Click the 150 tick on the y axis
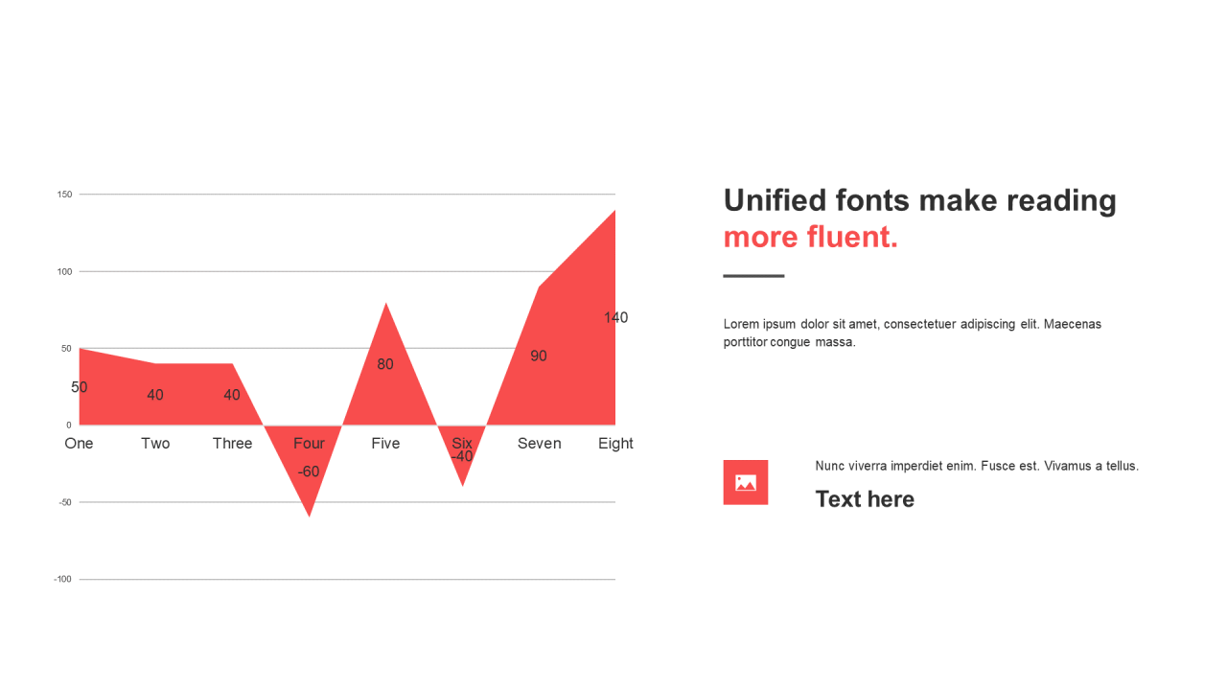click(x=64, y=195)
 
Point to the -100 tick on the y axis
click(x=63, y=580)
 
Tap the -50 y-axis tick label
click(x=65, y=502)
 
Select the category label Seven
click(x=539, y=443)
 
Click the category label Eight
click(x=615, y=443)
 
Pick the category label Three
click(x=232, y=443)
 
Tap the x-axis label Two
click(x=155, y=443)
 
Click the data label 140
click(x=615, y=317)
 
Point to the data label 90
click(x=539, y=356)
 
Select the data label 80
click(x=385, y=364)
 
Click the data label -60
click(x=309, y=471)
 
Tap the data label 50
click(x=79, y=387)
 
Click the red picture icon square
click(x=746, y=482)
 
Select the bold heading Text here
click(x=865, y=499)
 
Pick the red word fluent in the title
click(x=852, y=237)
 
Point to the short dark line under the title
click(x=753, y=276)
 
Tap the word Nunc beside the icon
click(x=830, y=466)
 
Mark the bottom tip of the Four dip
click(x=309, y=517)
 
